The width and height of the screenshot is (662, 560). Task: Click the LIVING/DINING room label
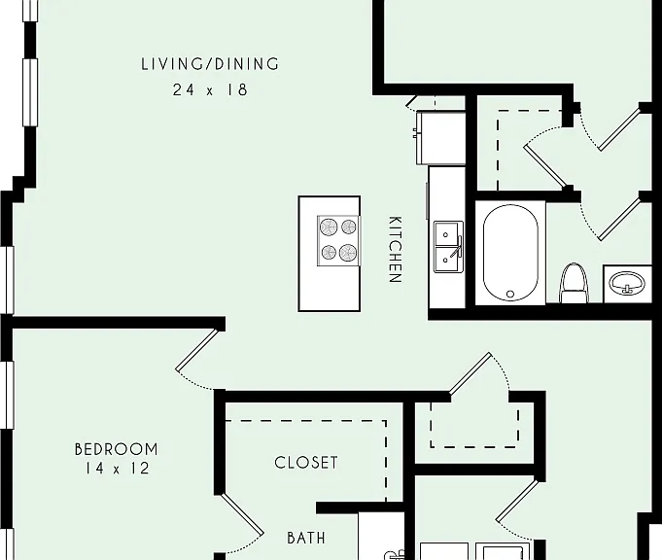point(210,64)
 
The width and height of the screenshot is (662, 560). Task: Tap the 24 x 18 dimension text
point(210,89)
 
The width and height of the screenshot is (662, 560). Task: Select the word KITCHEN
point(395,249)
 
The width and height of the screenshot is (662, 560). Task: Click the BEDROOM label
point(116,449)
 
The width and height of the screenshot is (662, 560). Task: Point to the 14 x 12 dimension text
point(117,469)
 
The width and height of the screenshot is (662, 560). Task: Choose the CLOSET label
point(306,463)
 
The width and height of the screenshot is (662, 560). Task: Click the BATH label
point(306,538)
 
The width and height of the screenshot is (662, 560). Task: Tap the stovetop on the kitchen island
point(338,241)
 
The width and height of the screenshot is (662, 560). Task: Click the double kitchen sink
point(449,247)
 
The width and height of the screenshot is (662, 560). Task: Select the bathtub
point(510,253)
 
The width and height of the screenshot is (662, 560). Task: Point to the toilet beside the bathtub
point(575,283)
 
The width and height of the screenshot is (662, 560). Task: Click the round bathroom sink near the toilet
point(627,283)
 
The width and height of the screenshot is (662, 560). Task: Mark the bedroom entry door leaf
point(197,350)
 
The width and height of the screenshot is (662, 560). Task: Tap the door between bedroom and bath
point(241,514)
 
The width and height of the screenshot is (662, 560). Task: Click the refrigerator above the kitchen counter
point(440,138)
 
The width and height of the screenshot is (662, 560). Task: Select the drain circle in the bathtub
point(510,294)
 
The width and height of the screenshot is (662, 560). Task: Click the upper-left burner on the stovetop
point(328,227)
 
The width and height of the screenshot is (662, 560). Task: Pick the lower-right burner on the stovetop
point(348,253)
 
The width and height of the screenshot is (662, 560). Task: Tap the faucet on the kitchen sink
point(457,247)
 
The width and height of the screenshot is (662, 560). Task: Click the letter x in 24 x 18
point(210,91)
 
